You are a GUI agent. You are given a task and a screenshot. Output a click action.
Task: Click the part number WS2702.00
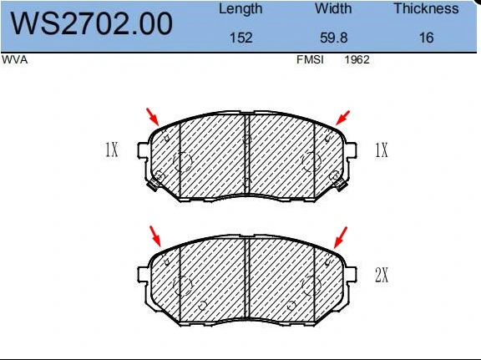[x=91, y=23]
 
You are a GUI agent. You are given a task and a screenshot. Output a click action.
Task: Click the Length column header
[x=240, y=9]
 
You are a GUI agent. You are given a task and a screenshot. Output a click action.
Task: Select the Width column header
[x=333, y=8]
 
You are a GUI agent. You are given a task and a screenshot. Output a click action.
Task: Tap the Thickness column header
[x=426, y=8]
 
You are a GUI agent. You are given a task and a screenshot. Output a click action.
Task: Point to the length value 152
[x=241, y=38]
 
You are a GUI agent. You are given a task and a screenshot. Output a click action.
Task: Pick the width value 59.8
[x=334, y=38]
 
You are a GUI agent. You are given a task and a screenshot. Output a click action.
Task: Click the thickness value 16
[x=427, y=38]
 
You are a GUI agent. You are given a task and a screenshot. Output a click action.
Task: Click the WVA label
[x=15, y=59]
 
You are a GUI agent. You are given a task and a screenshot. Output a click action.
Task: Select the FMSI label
[x=310, y=59]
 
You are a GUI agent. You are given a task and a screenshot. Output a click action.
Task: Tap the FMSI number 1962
[x=357, y=59]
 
